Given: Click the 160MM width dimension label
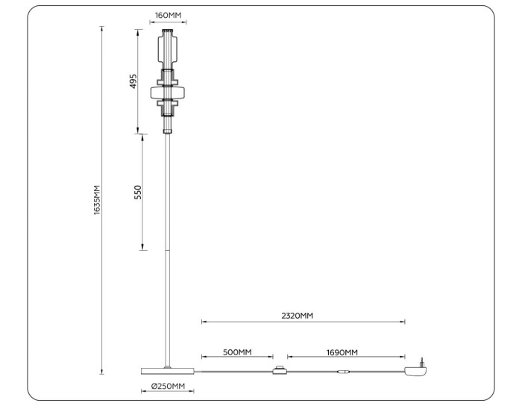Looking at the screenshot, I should click(x=168, y=15).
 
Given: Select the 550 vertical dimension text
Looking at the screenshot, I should click(x=137, y=193).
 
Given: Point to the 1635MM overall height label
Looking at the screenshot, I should click(x=97, y=201).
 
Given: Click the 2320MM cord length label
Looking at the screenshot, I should click(x=296, y=316).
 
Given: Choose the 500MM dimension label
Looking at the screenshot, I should click(x=236, y=352).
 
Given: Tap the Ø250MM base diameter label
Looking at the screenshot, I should click(x=167, y=386).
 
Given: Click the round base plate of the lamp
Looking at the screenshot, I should click(x=167, y=371).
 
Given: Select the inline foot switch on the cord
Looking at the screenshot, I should click(x=280, y=371).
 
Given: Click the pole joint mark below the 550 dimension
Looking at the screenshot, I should click(x=169, y=250).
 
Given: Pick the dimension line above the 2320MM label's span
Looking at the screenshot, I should click(x=303, y=322).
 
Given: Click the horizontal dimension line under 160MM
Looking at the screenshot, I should click(x=168, y=23).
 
